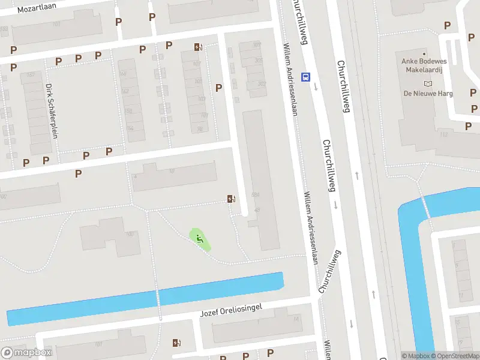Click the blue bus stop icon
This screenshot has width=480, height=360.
point(306,77)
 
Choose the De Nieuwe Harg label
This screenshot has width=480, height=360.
point(428,94)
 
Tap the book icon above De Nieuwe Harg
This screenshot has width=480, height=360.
point(428,83)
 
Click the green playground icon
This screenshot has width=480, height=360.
point(199,239)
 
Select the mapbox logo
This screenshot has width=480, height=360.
point(27,353)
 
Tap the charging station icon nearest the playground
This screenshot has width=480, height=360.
point(230,199)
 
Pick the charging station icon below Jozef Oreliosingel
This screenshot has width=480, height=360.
point(176,343)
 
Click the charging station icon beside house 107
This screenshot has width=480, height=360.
point(198,47)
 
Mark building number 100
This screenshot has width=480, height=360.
point(130,234)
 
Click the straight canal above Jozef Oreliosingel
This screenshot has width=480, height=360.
point(144,298)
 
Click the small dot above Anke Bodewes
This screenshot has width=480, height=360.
point(425,54)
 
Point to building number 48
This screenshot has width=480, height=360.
point(257,210)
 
